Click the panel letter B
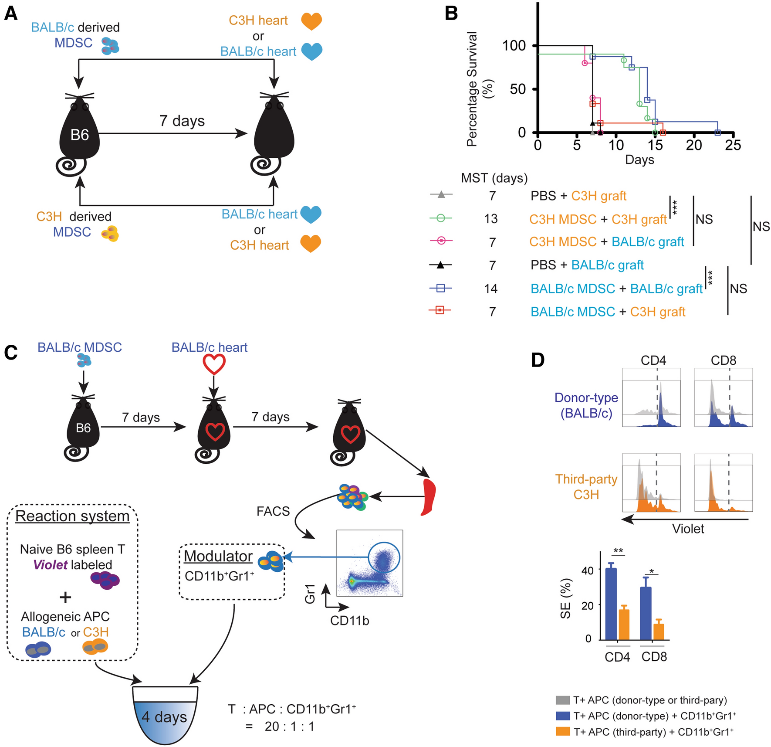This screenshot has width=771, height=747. [x=451, y=14]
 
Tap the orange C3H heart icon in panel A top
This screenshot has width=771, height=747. [x=311, y=21]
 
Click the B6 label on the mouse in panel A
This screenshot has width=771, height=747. [x=80, y=135]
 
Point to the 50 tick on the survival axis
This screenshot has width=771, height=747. [x=518, y=89]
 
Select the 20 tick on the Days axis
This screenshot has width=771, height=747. [x=694, y=145]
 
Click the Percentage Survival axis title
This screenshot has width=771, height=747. [x=473, y=89]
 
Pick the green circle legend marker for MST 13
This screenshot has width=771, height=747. [x=441, y=218]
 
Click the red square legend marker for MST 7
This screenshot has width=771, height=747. [x=440, y=310]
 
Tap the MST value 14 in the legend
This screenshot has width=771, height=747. [x=491, y=289]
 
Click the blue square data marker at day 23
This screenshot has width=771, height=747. [x=718, y=132]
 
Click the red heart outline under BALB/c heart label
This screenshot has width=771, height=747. [x=214, y=364]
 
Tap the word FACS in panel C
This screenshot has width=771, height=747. [x=273, y=511]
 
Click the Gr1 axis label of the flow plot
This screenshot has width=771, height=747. [x=310, y=594]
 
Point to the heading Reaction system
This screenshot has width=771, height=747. [x=72, y=516]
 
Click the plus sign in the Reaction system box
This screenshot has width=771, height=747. [x=65, y=597]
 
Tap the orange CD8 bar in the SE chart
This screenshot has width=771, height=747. [x=659, y=632]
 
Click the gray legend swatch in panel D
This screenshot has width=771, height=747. [x=563, y=700]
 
